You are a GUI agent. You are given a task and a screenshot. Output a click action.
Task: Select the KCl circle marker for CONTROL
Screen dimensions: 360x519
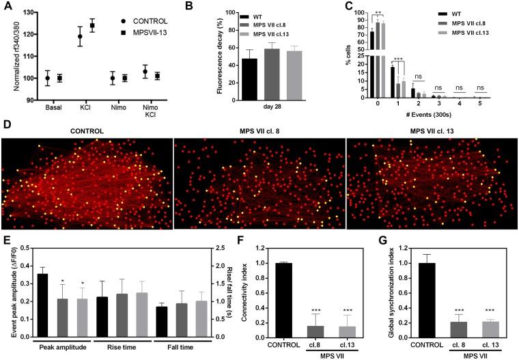(81, 36)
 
